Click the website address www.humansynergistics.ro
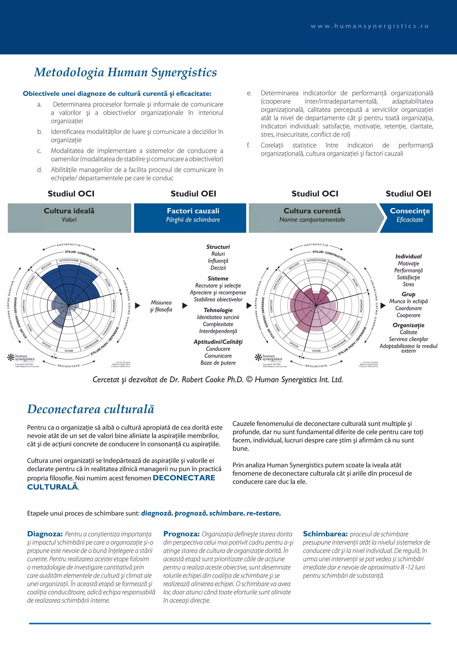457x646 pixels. (x=370, y=26)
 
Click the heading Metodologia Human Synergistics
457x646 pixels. (x=125, y=72)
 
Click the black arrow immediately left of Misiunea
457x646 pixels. (x=138, y=306)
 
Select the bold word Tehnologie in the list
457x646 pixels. (x=218, y=310)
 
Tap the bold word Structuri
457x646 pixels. (x=218, y=247)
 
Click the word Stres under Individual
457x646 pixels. (x=408, y=284)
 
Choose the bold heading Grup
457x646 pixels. (x=408, y=294)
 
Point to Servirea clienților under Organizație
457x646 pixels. (x=408, y=339)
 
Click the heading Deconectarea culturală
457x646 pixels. (x=91, y=409)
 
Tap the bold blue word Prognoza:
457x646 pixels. (x=181, y=534)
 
